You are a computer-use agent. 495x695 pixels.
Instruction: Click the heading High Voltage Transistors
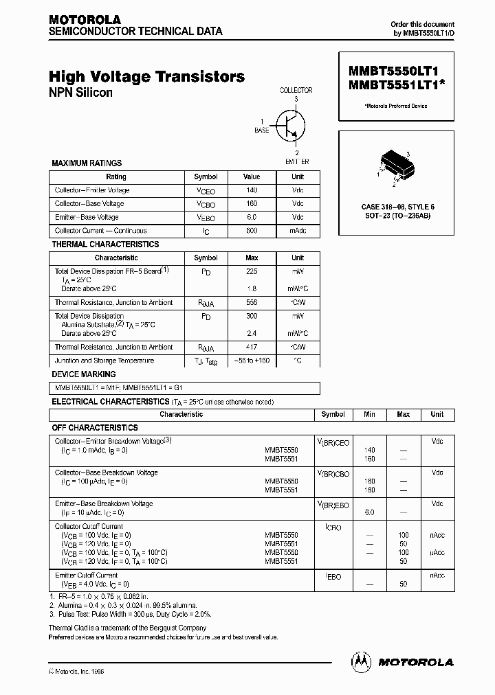(x=146, y=77)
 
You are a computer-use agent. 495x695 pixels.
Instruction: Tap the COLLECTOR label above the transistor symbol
(x=296, y=90)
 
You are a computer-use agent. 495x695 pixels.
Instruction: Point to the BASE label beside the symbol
(x=262, y=129)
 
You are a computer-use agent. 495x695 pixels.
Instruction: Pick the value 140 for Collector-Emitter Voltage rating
(x=252, y=190)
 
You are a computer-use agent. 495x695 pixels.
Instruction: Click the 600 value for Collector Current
(x=252, y=231)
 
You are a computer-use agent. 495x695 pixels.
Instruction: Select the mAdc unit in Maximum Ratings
(x=297, y=231)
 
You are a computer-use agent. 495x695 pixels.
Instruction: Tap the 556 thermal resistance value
(x=252, y=302)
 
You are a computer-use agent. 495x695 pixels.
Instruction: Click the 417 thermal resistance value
(x=252, y=347)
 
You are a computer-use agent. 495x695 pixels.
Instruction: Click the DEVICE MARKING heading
(x=84, y=374)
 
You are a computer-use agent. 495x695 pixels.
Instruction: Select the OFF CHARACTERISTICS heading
(x=95, y=427)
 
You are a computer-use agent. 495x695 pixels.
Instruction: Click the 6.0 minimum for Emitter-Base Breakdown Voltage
(x=369, y=512)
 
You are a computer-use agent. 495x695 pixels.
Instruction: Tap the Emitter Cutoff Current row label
(x=86, y=575)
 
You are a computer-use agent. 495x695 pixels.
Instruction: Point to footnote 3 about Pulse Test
(x=130, y=614)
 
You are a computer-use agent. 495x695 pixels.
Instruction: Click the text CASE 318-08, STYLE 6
(x=397, y=207)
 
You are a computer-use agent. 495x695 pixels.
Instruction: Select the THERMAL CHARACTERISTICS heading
(x=105, y=244)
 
